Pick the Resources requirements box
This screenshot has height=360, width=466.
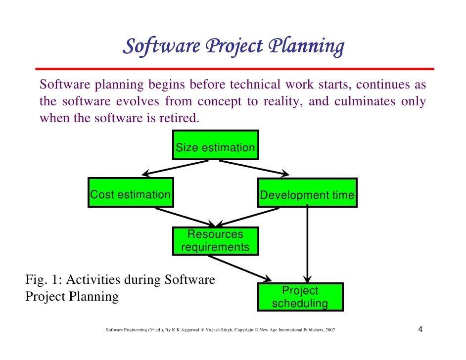click(215, 241)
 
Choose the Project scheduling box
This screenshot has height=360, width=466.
click(300, 297)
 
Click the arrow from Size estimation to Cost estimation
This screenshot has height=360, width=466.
click(176, 167)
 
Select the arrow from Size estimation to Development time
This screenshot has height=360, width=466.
click(254, 167)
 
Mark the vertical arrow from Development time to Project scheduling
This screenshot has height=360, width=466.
click(308, 242)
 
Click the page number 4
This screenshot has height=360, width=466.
click(420, 330)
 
